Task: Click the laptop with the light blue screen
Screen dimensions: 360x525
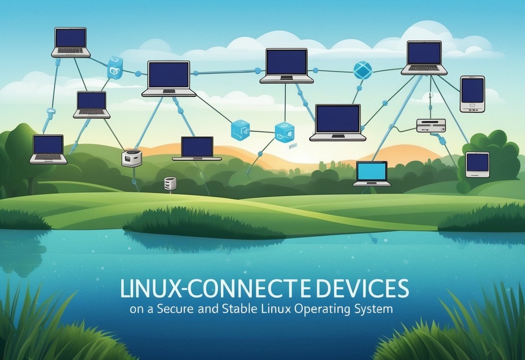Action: coord(372,173)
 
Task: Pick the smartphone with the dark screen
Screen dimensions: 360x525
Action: coord(472,94)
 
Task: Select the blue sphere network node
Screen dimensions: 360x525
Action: coord(363,70)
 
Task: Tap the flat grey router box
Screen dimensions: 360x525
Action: coord(431,125)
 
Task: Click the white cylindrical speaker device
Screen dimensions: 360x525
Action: coord(132,158)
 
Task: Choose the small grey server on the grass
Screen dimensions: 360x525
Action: coord(170,183)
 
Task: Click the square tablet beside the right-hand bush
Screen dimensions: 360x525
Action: coord(477,164)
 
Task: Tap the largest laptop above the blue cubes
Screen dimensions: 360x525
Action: coord(338,122)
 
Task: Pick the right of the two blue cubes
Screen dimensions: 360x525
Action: coord(284,132)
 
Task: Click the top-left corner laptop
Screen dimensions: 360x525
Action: coord(71,42)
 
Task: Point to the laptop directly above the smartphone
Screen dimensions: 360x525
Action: coord(424,58)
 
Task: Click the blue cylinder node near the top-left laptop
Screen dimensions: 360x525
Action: coord(115,67)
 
